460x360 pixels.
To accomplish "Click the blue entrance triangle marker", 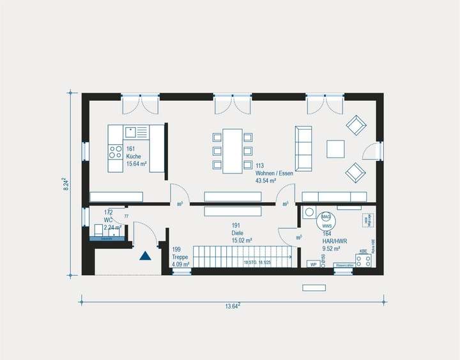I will (145, 255).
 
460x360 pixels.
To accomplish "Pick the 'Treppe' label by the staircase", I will (180, 257).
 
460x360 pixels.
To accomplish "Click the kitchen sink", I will (133, 132).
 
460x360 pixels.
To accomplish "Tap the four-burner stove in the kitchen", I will (116, 152).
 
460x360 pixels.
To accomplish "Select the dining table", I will (232, 151).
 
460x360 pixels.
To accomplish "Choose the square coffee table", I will (335, 148).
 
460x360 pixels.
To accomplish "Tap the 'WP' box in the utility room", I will (313, 264).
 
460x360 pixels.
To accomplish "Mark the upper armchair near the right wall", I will (355, 125).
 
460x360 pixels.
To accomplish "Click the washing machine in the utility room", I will (309, 213).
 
